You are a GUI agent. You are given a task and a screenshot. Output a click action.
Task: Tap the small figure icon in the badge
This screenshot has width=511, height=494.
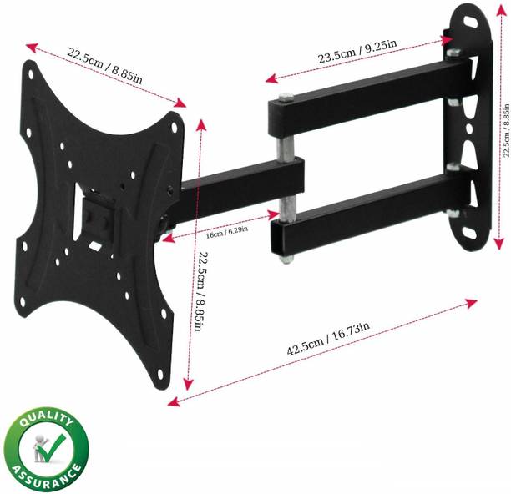click(x=38, y=451)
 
